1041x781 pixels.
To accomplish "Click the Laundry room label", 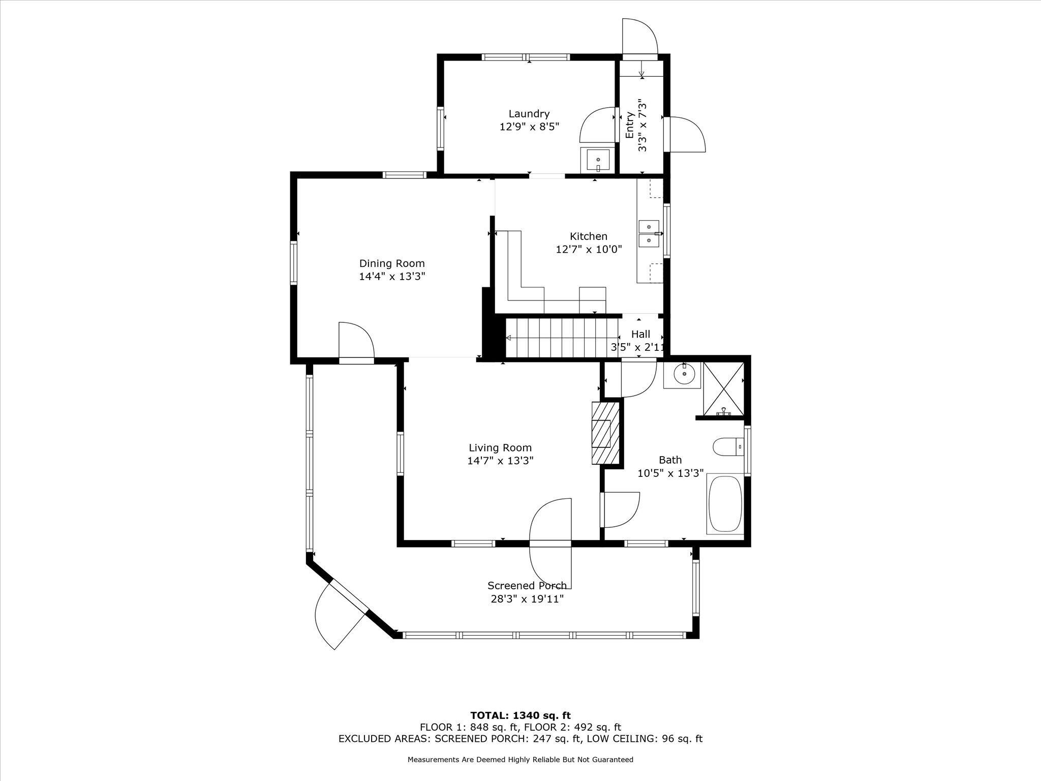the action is [x=529, y=114].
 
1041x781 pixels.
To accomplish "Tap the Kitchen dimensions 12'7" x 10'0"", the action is [x=589, y=249].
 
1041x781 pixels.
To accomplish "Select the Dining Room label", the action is [x=392, y=263].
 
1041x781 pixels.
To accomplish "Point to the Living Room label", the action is [x=500, y=448].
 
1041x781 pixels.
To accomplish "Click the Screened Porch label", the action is [x=527, y=585].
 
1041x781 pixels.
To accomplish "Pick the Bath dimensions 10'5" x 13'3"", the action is [x=670, y=473].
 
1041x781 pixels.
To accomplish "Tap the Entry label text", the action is [x=630, y=125].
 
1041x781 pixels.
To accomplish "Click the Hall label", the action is [x=640, y=334].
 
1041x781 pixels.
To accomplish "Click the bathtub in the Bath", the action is [x=725, y=504].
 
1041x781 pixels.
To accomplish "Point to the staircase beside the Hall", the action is [x=562, y=338].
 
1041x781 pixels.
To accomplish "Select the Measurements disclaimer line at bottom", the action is [x=520, y=760].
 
